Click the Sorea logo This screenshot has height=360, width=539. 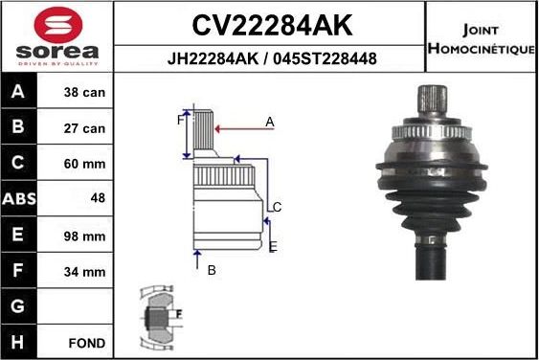tap(56, 35)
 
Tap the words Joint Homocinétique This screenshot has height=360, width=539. tap(480, 39)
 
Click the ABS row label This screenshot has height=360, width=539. tap(19, 200)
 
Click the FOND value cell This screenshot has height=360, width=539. tap(87, 342)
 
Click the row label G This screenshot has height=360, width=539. tap(19, 307)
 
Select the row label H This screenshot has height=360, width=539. tap(19, 342)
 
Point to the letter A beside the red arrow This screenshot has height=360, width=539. tap(270, 122)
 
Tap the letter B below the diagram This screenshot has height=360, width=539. tap(212, 270)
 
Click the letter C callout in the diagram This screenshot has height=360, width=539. tap(277, 207)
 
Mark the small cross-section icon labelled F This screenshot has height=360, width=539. tap(157, 316)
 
